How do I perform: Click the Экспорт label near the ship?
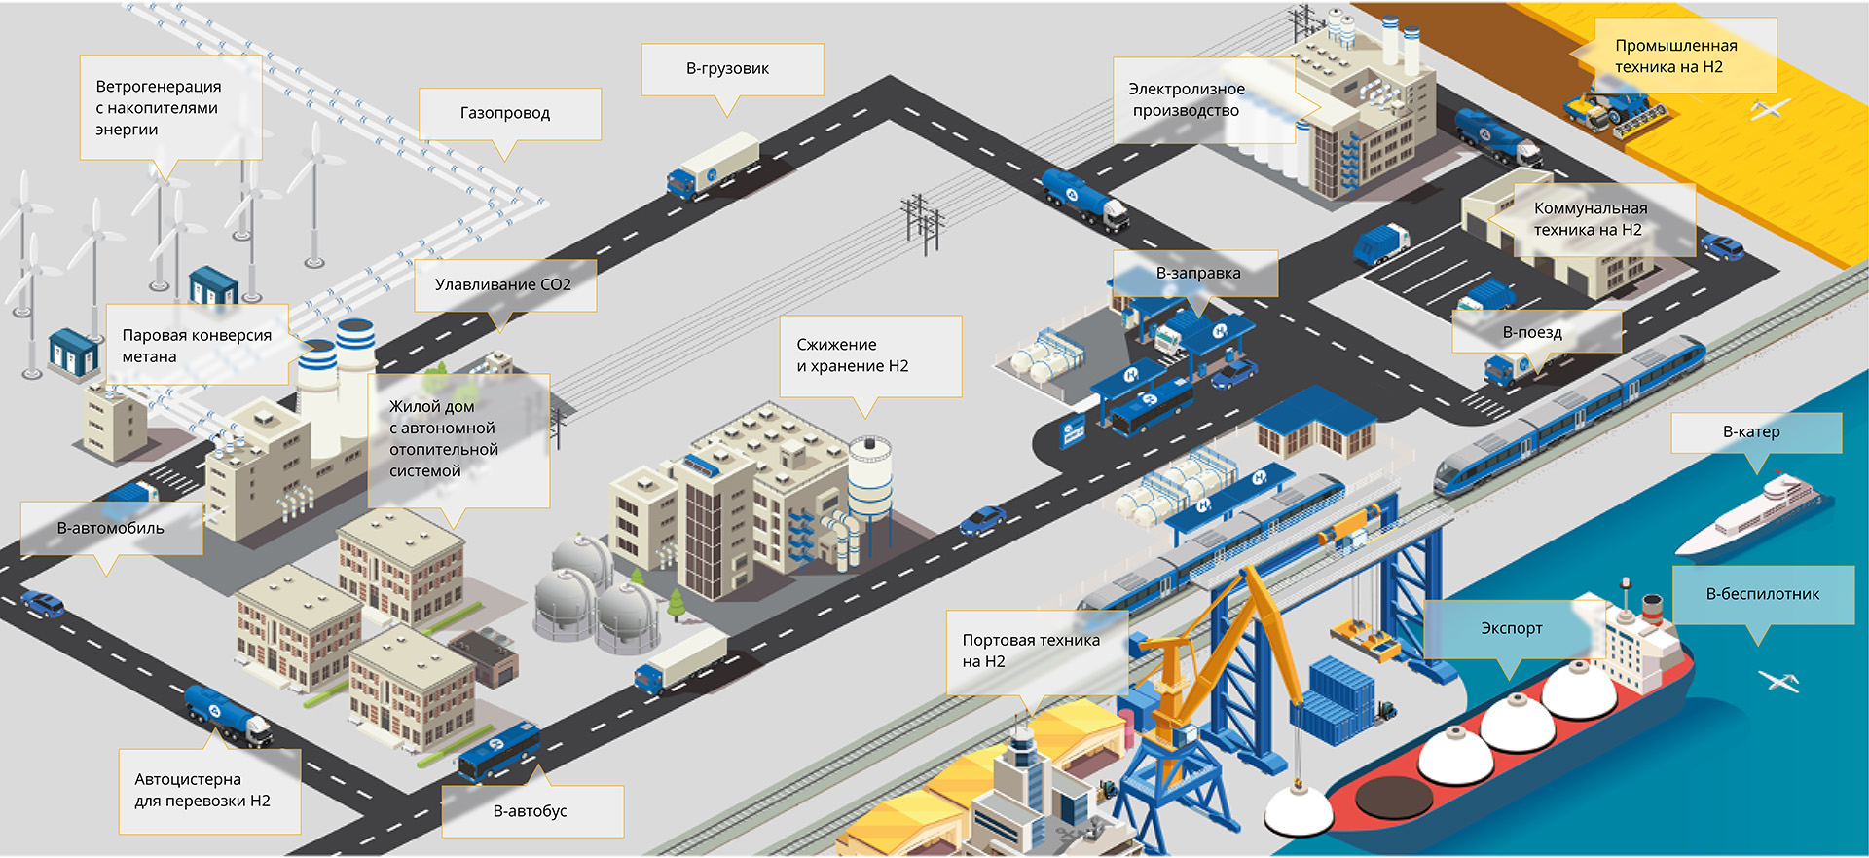tap(1513, 629)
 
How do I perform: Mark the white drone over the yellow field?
tap(1771, 109)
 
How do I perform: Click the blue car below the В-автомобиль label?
tap(44, 604)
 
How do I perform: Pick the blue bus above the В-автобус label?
tap(498, 752)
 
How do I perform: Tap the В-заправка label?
tap(1196, 274)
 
